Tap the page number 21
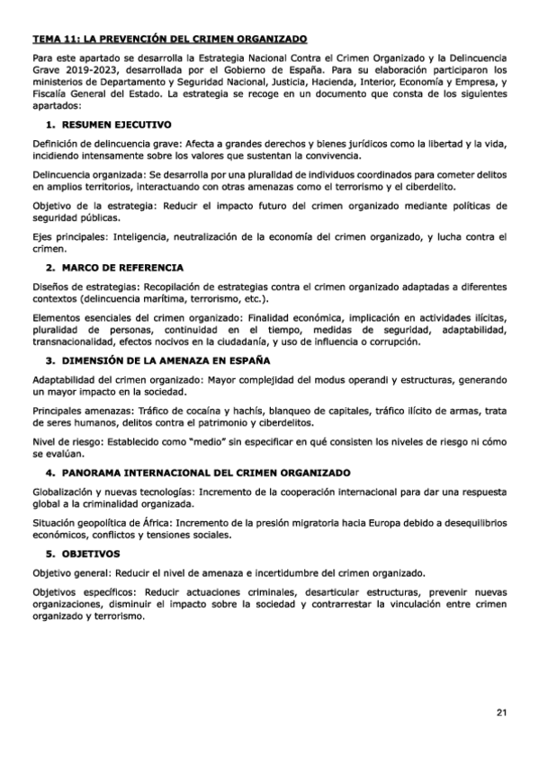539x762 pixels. [x=500, y=713]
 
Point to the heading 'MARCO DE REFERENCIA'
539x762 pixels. [x=121, y=268]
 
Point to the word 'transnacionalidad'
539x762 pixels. [x=74, y=342]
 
